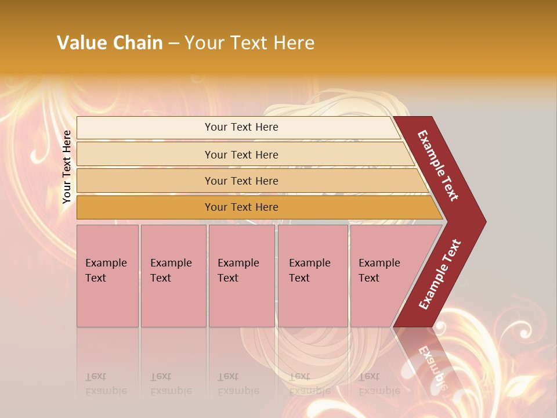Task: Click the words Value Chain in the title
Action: point(110,43)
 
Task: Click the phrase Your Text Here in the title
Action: point(249,43)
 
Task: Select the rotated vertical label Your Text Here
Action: point(67,167)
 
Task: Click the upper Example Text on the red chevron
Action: point(439,165)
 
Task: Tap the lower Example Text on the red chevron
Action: point(440,275)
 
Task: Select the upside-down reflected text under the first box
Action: point(106,383)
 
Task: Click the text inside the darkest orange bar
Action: point(241,207)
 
